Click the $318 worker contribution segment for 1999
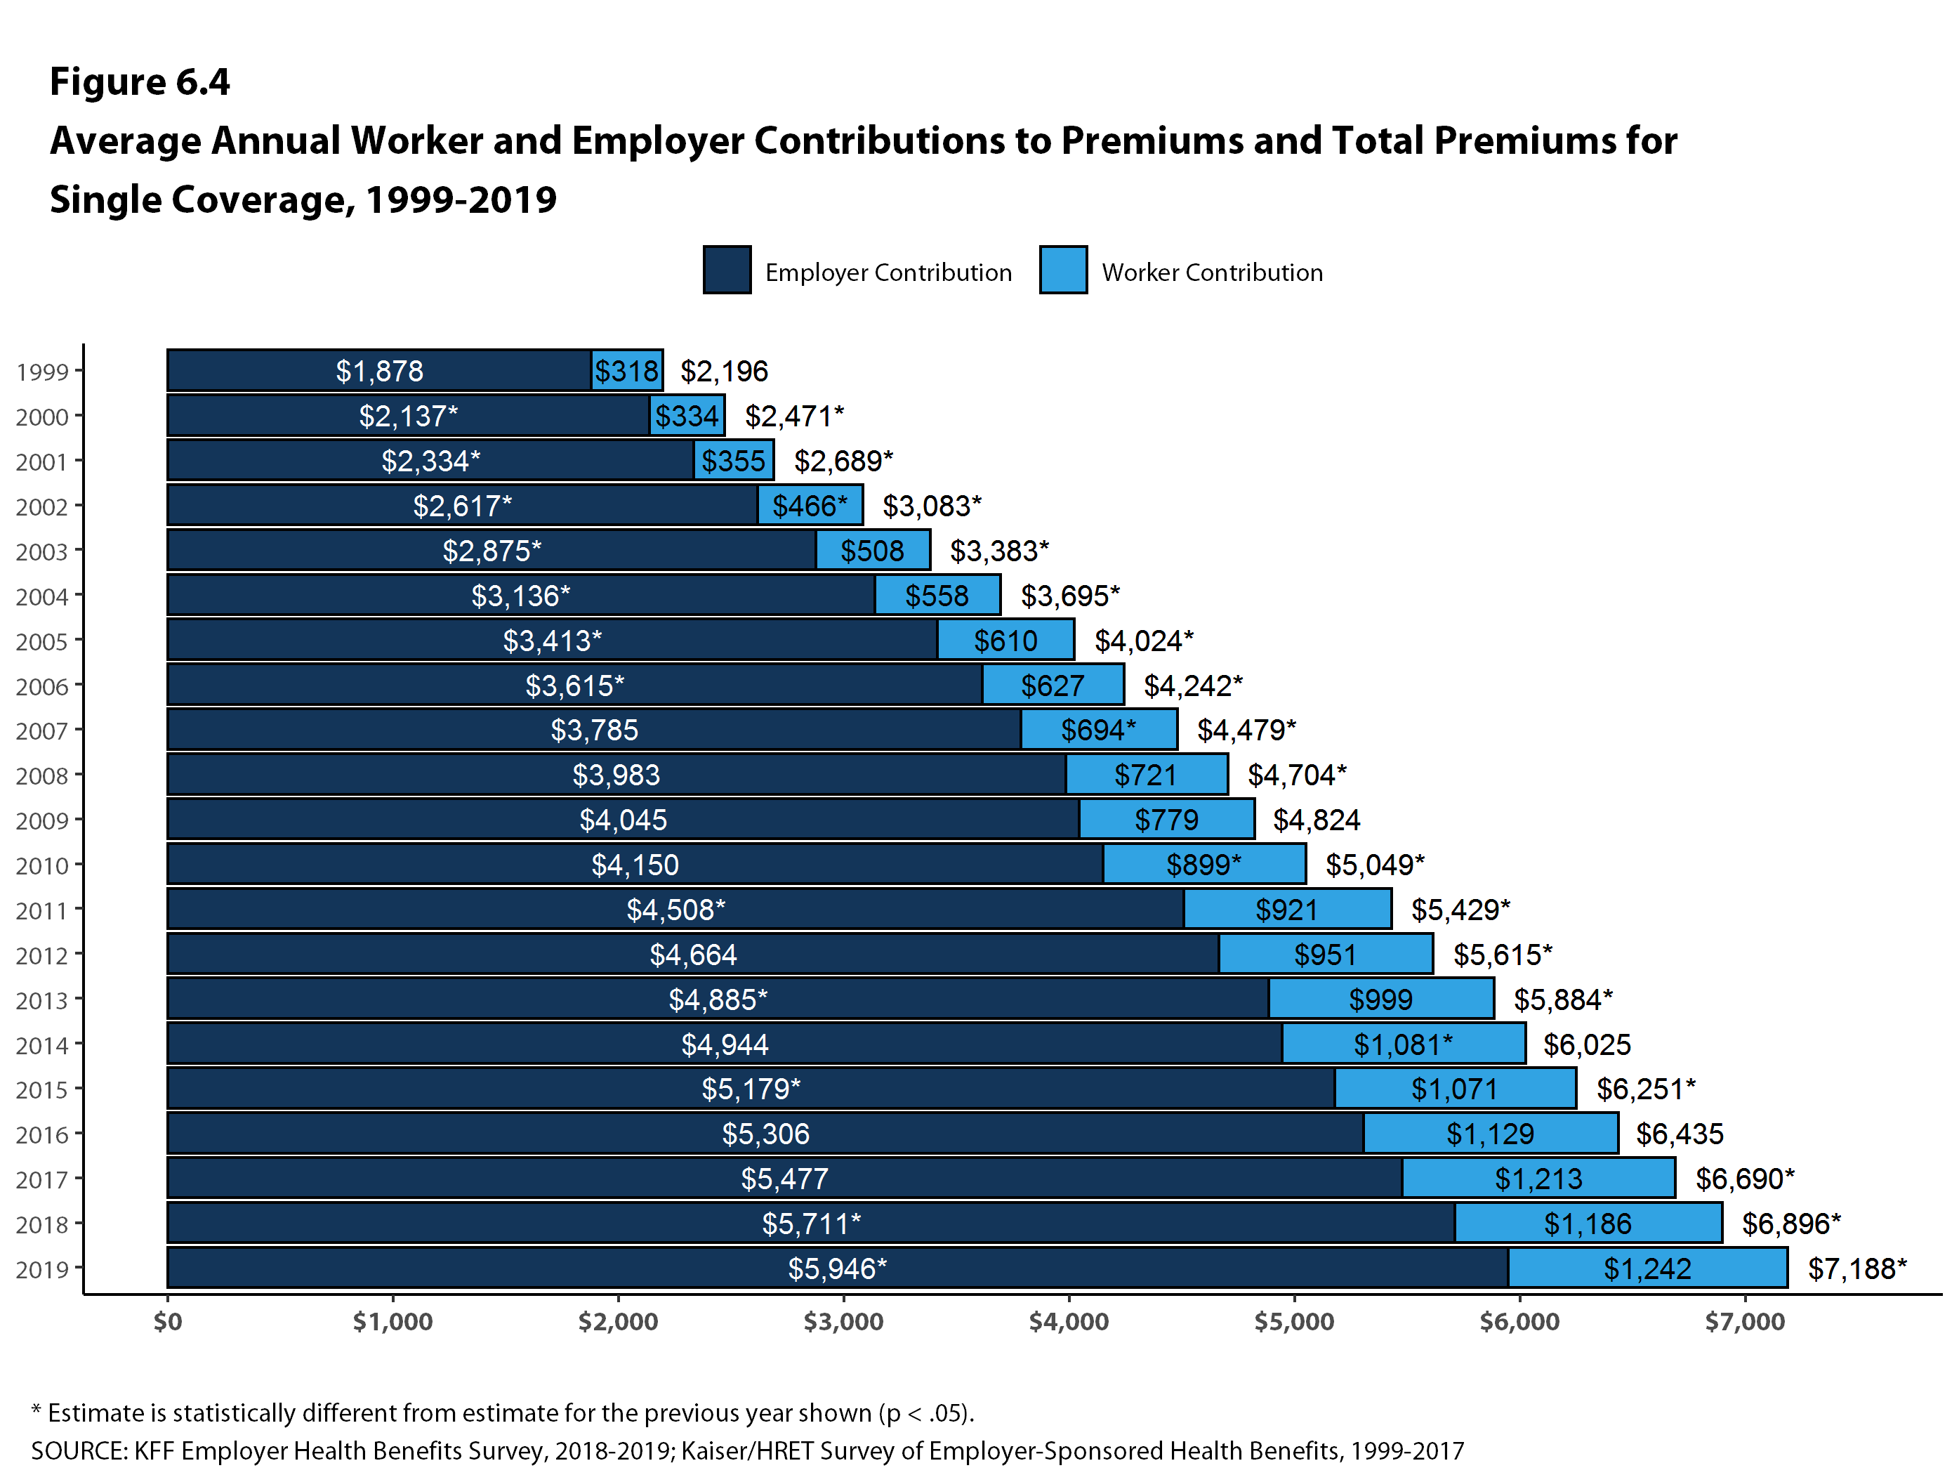point(627,370)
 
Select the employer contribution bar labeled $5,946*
point(837,1268)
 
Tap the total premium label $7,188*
point(1856,1268)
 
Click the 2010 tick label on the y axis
point(41,865)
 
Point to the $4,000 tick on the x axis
point(1068,1322)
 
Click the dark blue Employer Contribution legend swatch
point(727,270)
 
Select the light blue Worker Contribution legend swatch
point(1063,270)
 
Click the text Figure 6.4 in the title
point(140,81)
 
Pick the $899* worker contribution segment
point(1203,865)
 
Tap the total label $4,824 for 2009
point(1316,820)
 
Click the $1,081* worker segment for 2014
point(1403,1044)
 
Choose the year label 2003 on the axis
point(41,552)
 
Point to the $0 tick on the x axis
point(167,1322)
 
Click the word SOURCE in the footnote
point(80,1451)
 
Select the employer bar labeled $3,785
point(593,730)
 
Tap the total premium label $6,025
point(1587,1044)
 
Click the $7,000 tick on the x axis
point(1745,1322)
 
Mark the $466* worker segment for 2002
point(810,506)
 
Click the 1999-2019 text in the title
point(461,200)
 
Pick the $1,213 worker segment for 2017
point(1538,1178)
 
